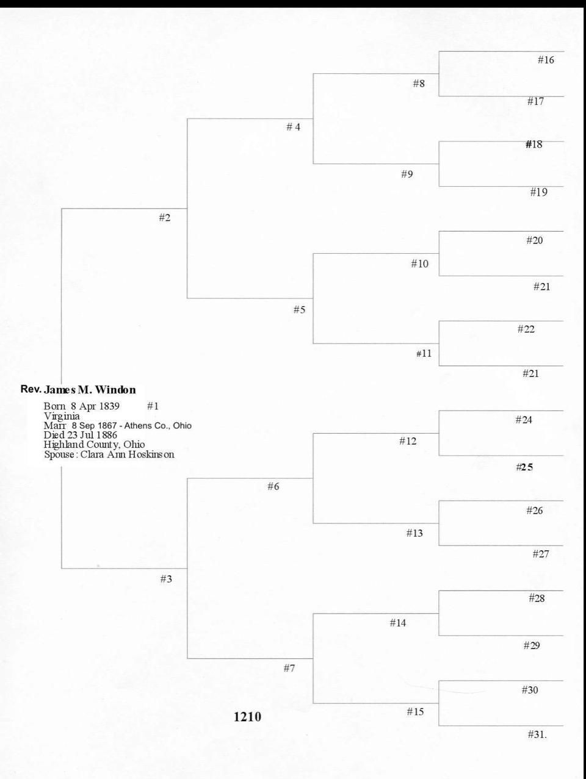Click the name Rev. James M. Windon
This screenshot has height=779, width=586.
pos(78,390)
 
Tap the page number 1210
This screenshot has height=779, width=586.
pos(247,717)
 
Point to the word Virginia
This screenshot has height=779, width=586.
pos(62,416)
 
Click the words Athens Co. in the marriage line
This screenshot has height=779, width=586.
pos(150,426)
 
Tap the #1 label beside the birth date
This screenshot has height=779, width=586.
pos(153,406)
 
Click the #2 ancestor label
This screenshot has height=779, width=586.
pos(165,218)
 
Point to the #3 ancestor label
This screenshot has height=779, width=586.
pos(166,579)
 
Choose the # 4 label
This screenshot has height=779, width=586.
pos(294,127)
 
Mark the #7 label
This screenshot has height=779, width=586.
pos(289,668)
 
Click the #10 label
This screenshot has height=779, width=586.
pos(419,264)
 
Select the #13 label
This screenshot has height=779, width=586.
pos(414,533)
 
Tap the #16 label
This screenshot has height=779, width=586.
pos(546,60)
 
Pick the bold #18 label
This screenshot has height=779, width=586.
pos(534,145)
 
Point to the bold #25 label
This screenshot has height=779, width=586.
pos(524,467)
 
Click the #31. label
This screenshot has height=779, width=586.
pos(537,734)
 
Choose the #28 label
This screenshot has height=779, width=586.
pos(537,598)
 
